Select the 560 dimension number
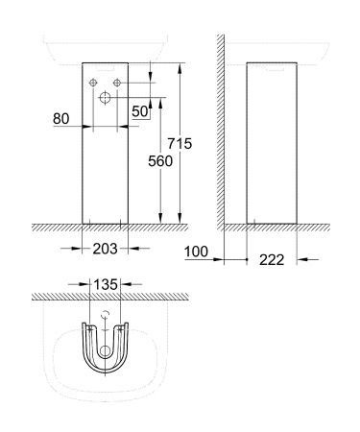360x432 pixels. click(159, 163)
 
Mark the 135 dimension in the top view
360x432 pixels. click(106, 284)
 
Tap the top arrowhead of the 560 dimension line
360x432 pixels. click(151, 100)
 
